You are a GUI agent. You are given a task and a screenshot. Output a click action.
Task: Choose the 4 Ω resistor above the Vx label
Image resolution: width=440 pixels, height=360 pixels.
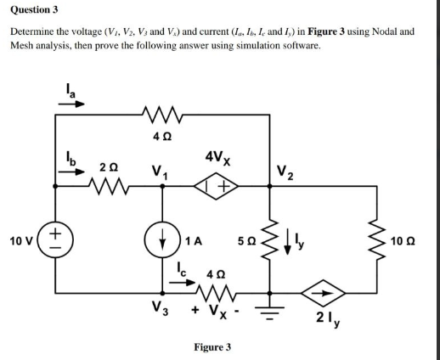(x=216, y=290)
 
